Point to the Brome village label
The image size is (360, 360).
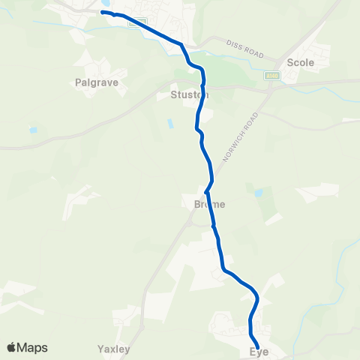pyautogui.click(x=204, y=203)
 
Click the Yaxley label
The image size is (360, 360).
pyautogui.click(x=114, y=349)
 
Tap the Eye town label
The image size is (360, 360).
pyautogui.click(x=259, y=352)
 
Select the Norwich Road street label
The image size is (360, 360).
pyautogui.click(x=242, y=138)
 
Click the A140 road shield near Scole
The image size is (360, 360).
pyautogui.click(x=271, y=76)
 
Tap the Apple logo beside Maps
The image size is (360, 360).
pyautogui.click(x=12, y=347)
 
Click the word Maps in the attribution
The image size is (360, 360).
pyautogui.click(x=32, y=347)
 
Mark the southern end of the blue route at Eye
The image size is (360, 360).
pyautogui.click(x=258, y=346)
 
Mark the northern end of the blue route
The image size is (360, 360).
pyautogui.click(x=103, y=12)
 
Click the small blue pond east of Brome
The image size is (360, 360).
pyautogui.click(x=259, y=193)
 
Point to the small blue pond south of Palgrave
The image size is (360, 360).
pyautogui.click(x=33, y=130)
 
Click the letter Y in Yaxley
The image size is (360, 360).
pyautogui.click(x=100, y=349)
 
